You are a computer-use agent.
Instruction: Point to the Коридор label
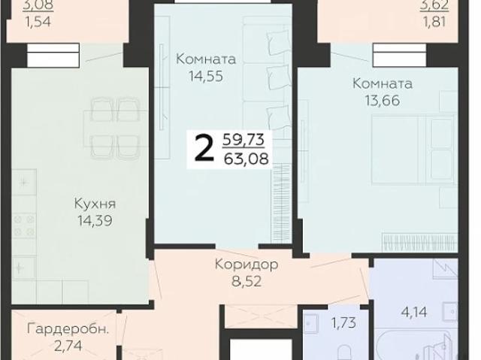click(247, 265)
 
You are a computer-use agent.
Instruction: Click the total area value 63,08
click(247, 158)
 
